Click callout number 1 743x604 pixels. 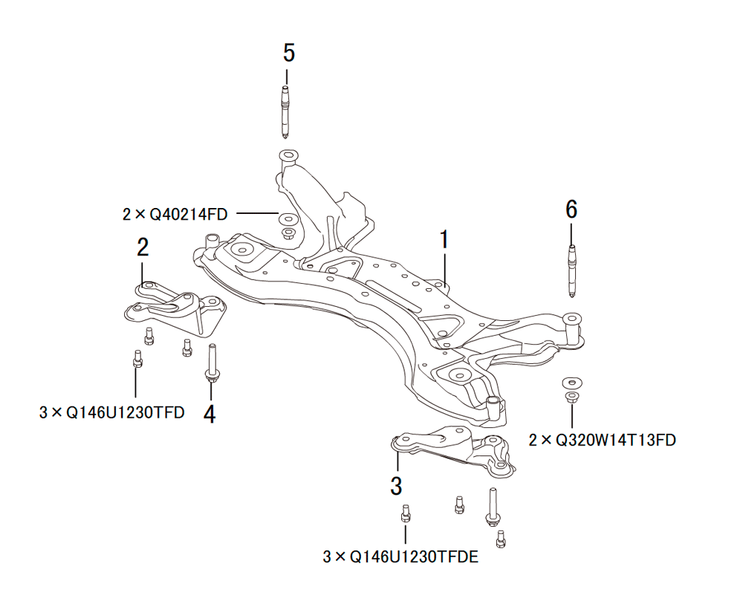(444, 239)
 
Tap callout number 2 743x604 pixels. (143, 247)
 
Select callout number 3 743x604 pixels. (396, 487)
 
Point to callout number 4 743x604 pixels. (210, 414)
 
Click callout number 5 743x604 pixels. (288, 53)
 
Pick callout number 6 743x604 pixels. (571, 210)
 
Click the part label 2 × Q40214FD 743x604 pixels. (175, 215)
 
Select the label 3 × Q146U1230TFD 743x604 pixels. (111, 412)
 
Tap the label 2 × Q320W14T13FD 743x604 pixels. (602, 440)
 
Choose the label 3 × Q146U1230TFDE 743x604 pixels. (400, 556)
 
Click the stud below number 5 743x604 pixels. (286, 111)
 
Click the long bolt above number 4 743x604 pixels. (212, 364)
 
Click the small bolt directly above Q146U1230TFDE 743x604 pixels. (405, 513)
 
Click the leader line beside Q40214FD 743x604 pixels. (256, 214)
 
